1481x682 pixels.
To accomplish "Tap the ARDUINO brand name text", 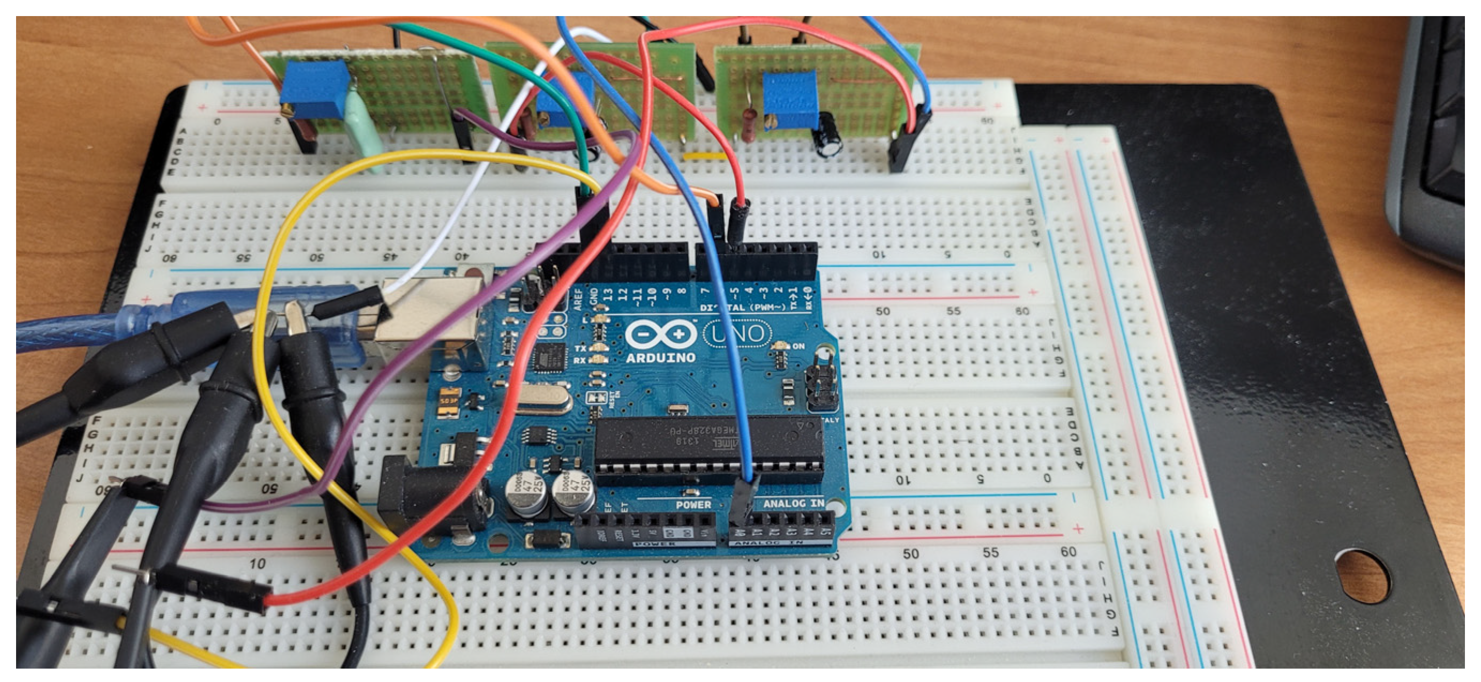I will point(660,358).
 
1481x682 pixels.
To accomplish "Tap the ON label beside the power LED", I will point(798,346).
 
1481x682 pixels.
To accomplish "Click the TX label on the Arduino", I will point(580,348).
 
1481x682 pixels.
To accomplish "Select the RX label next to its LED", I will point(580,361).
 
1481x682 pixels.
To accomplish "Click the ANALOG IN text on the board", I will point(794,503).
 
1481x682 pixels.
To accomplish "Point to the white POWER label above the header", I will point(693,504).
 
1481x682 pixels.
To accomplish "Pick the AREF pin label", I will point(578,299).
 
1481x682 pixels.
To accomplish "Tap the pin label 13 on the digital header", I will point(608,295).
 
